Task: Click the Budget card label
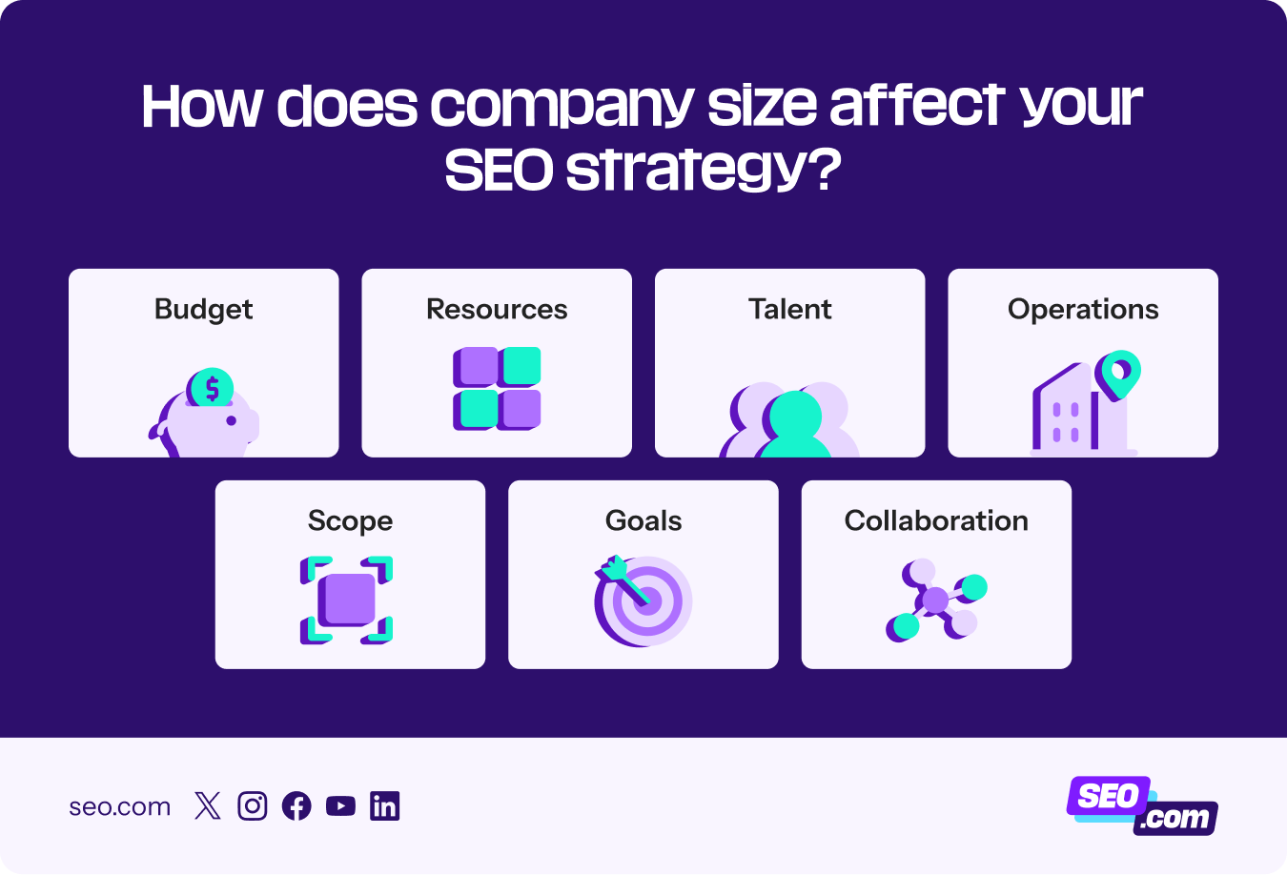(x=203, y=310)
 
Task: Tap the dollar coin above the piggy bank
(x=212, y=389)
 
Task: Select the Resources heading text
(x=496, y=310)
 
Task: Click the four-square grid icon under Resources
(x=497, y=389)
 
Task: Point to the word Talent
(x=789, y=310)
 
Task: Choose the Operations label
(x=1083, y=310)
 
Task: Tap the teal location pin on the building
(x=1117, y=372)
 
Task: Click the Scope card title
(x=350, y=521)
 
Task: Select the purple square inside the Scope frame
(x=347, y=600)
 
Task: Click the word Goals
(x=643, y=521)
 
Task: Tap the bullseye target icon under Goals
(x=643, y=601)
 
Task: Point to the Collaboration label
(x=936, y=521)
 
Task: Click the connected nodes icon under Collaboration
(x=936, y=600)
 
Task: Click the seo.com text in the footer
(x=120, y=807)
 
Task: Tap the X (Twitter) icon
(x=207, y=806)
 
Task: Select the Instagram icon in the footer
(x=253, y=806)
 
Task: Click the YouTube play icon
(x=340, y=806)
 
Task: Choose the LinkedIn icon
(x=385, y=806)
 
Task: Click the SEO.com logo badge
(x=1142, y=806)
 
